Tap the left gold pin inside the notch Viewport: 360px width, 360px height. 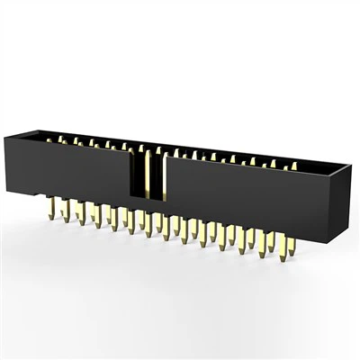click(x=147, y=175)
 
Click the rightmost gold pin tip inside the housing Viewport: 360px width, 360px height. click(x=293, y=166)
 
